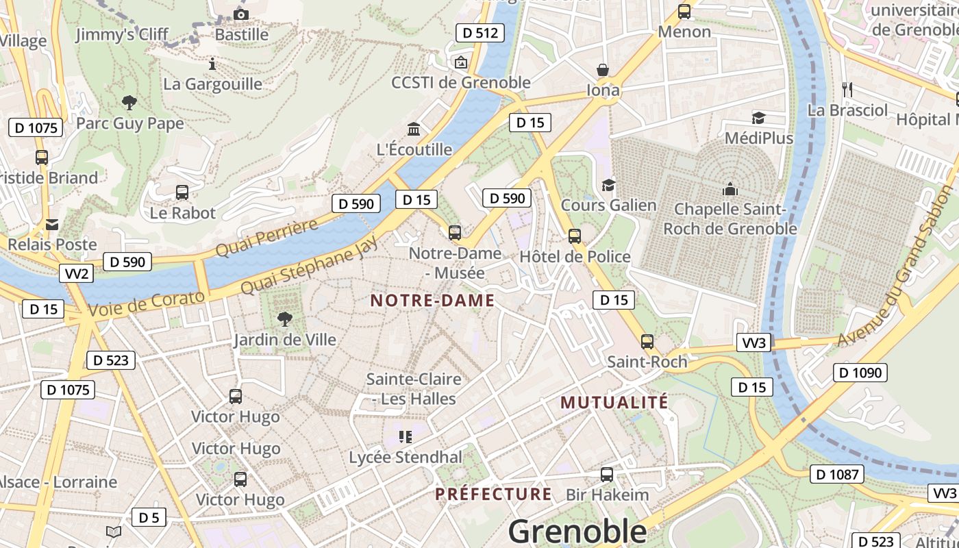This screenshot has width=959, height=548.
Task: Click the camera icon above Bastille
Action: tap(240, 14)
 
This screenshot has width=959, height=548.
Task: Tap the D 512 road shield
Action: tap(480, 32)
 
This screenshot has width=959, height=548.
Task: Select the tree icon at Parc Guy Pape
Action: tap(129, 103)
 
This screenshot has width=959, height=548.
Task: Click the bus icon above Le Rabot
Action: tap(182, 192)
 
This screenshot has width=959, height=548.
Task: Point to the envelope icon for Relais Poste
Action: tap(52, 224)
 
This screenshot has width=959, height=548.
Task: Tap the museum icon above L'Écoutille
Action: tap(414, 129)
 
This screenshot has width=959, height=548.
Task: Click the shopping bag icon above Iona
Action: tap(603, 70)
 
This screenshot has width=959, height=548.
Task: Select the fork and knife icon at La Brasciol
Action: tap(847, 89)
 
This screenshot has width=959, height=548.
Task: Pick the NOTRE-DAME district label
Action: tap(432, 300)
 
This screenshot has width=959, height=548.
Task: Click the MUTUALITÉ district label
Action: tap(614, 402)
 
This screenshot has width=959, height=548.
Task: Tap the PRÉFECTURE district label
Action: tap(493, 494)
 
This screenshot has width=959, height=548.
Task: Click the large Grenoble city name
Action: tap(577, 531)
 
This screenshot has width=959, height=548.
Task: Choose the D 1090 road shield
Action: tap(860, 373)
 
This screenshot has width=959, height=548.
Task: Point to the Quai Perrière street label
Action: tap(266, 238)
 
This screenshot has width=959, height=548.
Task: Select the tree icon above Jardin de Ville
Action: tap(284, 319)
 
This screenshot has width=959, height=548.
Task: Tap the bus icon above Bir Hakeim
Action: tap(607, 474)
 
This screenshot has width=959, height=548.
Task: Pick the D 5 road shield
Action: tap(149, 518)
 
